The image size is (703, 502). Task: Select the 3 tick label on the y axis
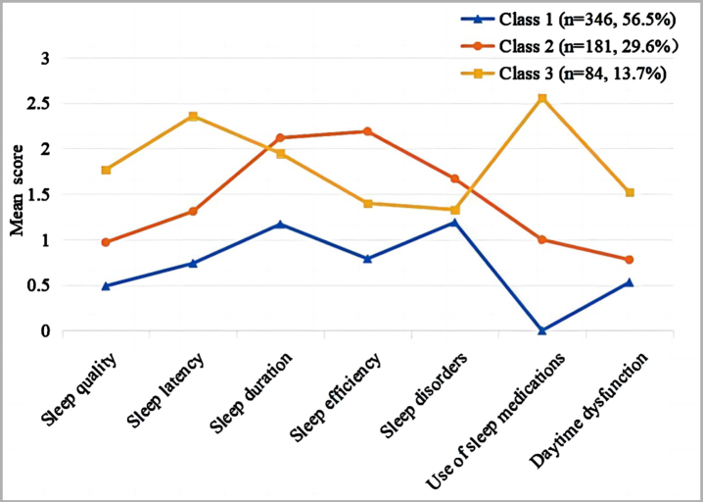point(43,59)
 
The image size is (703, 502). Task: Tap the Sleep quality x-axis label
point(81,389)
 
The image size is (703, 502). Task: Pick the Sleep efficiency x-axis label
point(336,396)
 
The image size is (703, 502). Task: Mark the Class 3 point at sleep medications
point(542,98)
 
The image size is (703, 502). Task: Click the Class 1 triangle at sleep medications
point(542,330)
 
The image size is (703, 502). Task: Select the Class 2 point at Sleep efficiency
point(367,131)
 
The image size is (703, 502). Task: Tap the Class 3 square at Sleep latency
point(193,117)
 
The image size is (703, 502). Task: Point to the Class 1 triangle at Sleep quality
point(106,286)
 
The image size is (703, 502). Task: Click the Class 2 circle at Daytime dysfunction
point(629,260)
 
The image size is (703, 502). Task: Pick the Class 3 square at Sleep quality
point(106,171)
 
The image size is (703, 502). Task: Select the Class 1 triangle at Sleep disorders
point(454,223)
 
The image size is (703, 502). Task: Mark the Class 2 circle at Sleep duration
point(280,137)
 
